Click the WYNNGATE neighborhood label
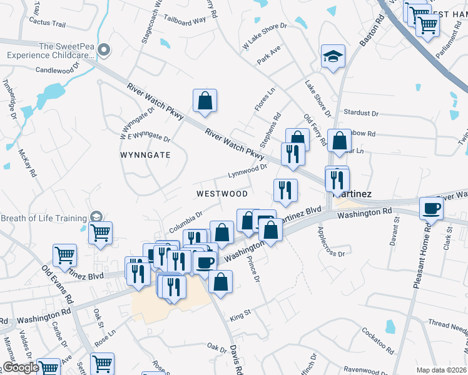pyautogui.click(x=145, y=154)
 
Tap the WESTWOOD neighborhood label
pyautogui.click(x=222, y=194)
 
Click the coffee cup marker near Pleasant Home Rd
pyautogui.click(x=431, y=208)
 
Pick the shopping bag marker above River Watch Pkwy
pyautogui.click(x=205, y=100)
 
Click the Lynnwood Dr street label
pyautogui.click(x=247, y=169)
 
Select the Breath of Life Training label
pyautogui.click(x=43, y=218)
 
